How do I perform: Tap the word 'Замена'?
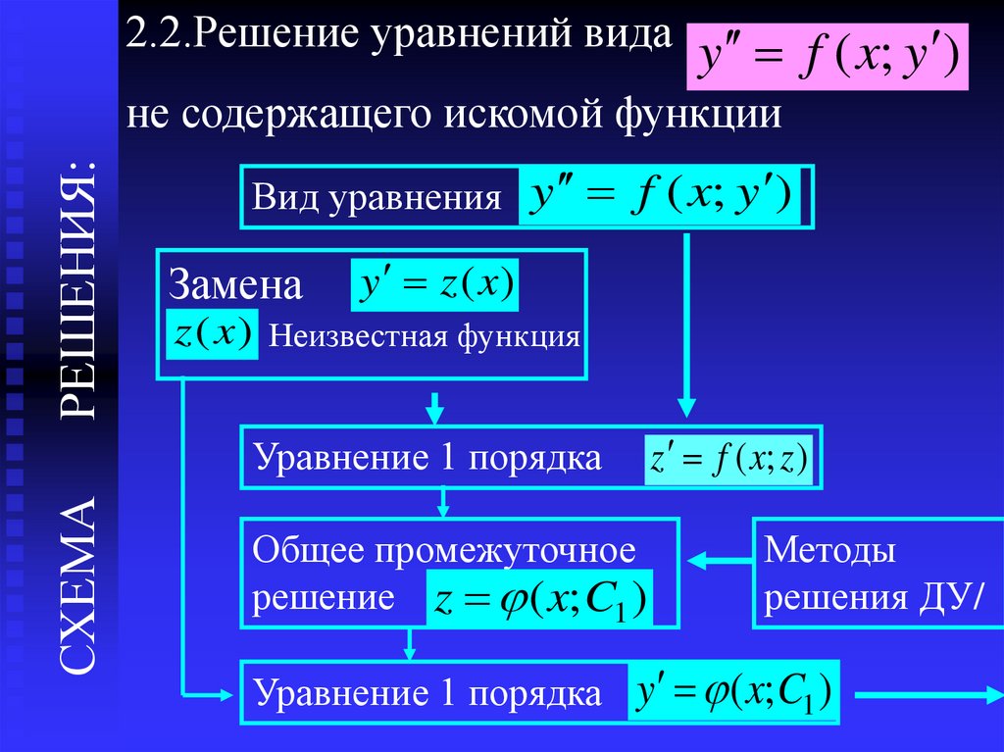point(235,285)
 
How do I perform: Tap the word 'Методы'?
point(829,551)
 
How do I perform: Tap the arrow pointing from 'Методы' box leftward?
point(719,561)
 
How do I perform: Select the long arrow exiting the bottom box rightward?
point(925,693)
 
